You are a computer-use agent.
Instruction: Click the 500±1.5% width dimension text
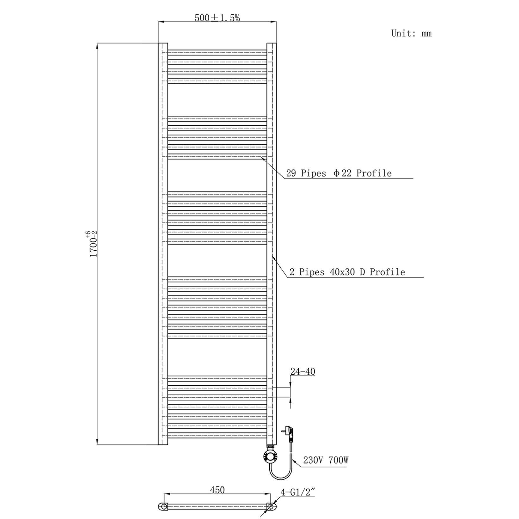tap(217, 18)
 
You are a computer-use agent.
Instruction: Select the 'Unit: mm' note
tap(411, 33)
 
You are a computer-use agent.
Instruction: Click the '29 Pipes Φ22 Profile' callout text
tap(339, 173)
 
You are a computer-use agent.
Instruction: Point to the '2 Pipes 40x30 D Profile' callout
tap(347, 272)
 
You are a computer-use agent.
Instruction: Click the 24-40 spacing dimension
tap(303, 372)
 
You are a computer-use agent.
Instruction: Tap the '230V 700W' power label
tap(326, 460)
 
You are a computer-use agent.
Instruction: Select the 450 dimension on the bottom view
tap(217, 490)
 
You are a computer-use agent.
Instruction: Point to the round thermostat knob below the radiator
tap(270, 457)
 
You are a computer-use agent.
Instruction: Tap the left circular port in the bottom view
tap(164, 507)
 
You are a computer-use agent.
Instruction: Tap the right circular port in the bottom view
tap(271, 507)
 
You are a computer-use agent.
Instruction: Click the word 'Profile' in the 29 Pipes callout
tap(374, 173)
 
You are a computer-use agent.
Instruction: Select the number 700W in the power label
tap(338, 460)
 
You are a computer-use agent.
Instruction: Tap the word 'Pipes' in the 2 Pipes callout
tap(312, 272)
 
